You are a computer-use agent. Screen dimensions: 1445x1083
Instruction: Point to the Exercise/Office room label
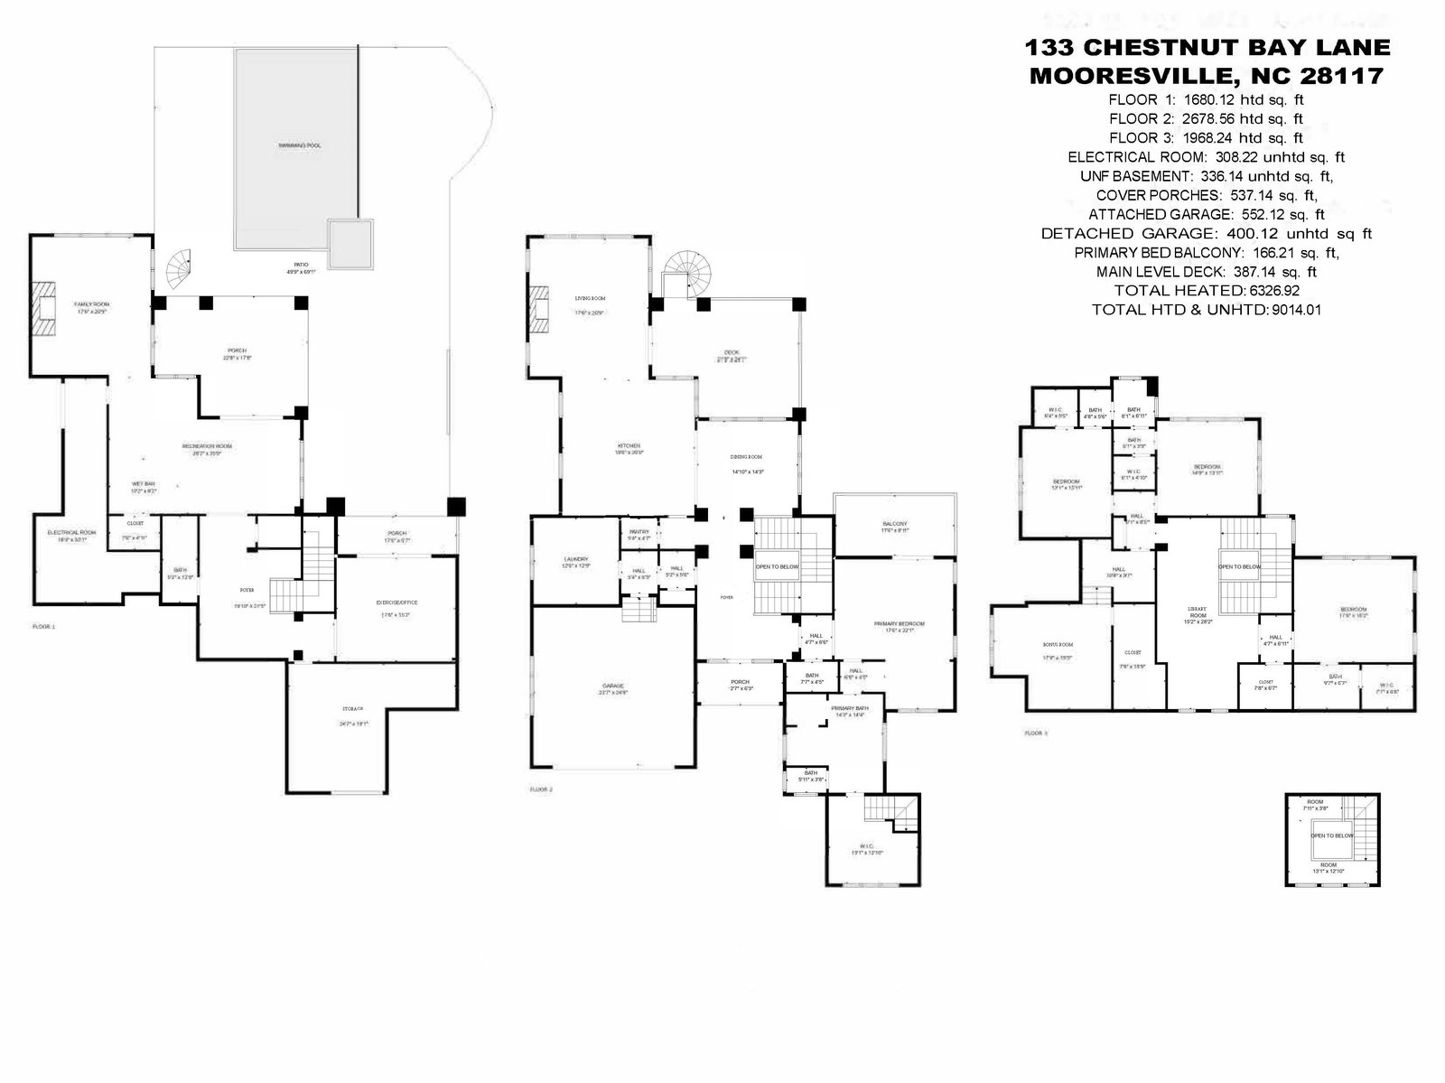[396, 602]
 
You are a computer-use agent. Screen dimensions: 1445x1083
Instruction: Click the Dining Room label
[747, 457]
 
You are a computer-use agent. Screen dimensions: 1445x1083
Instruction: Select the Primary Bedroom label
[899, 624]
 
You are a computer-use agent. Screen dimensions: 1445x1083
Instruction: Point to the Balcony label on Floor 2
[894, 524]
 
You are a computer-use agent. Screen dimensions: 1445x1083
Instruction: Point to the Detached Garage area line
[1206, 234]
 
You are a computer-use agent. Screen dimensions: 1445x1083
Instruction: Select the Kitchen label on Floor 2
[629, 446]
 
